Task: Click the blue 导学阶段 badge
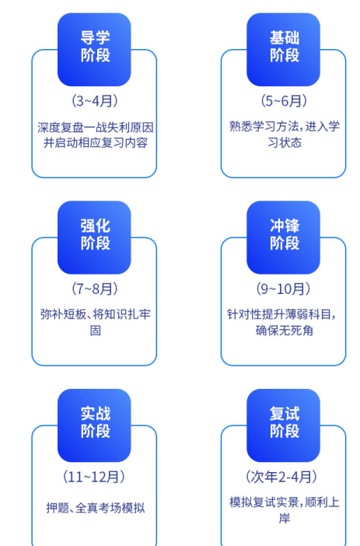pos(94,50)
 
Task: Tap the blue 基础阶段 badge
pos(283,50)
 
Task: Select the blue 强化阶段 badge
pos(94,237)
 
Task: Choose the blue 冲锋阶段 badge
pos(283,237)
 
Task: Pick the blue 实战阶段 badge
pos(94,425)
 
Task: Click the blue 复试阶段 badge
pos(283,425)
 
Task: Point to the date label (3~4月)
pos(95,101)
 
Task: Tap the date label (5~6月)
pos(284,101)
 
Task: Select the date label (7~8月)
pos(95,289)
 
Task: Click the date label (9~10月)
pos(283,289)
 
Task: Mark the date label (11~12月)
pos(94,477)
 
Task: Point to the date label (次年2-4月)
pos(281,477)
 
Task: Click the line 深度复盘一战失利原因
pos(96,128)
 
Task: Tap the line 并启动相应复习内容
pos(96,143)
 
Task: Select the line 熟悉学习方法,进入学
pos(285,127)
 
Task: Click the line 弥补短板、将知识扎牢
pos(96,314)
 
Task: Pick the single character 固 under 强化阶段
pos(96,330)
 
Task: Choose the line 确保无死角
pos(284,330)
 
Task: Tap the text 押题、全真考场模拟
pos(96,508)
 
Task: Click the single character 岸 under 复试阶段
pos(285,519)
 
